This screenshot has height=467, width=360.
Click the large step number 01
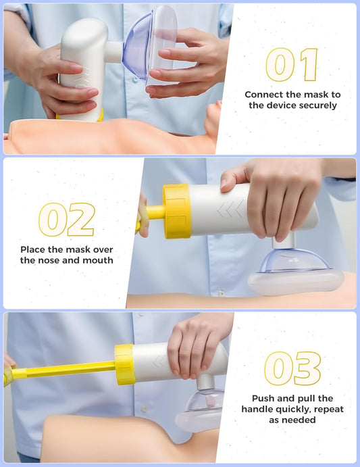pyautogui.click(x=291, y=65)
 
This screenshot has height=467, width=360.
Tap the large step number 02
pyautogui.click(x=67, y=220)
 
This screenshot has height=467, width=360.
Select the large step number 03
pyautogui.click(x=292, y=368)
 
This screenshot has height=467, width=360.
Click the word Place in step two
pyautogui.click(x=32, y=249)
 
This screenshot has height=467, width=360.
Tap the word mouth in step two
pyautogui.click(x=98, y=260)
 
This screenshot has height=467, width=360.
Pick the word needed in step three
pyautogui.click(x=300, y=420)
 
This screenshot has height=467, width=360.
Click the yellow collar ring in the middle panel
pyautogui.click(x=176, y=211)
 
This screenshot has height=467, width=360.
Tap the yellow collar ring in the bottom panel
pyautogui.click(x=125, y=364)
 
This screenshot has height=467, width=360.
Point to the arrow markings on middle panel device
pyautogui.click(x=230, y=208)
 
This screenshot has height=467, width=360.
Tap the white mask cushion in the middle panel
pyautogui.click(x=296, y=281)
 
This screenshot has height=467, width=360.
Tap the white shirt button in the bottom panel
pyautogui.click(x=144, y=409)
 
